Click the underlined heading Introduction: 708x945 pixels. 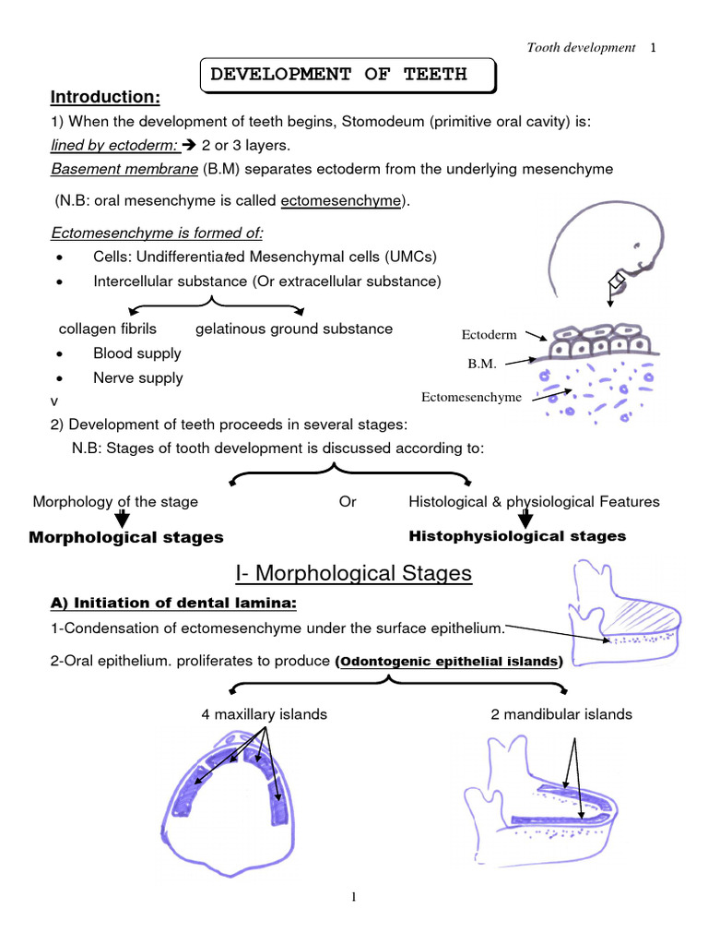click(105, 98)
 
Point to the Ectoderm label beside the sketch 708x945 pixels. click(489, 335)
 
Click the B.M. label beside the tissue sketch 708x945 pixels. click(482, 364)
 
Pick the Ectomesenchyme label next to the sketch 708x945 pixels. click(471, 397)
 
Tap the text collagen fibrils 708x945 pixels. click(108, 329)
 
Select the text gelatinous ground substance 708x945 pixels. click(294, 329)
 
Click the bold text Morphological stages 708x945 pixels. click(126, 537)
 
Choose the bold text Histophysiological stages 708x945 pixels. click(517, 536)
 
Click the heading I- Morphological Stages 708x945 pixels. click(353, 574)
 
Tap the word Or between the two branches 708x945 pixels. click(348, 502)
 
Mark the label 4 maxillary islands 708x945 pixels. click(265, 713)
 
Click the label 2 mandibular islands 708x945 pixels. click(562, 713)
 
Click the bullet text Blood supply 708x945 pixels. click(137, 353)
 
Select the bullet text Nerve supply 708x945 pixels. click(138, 377)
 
